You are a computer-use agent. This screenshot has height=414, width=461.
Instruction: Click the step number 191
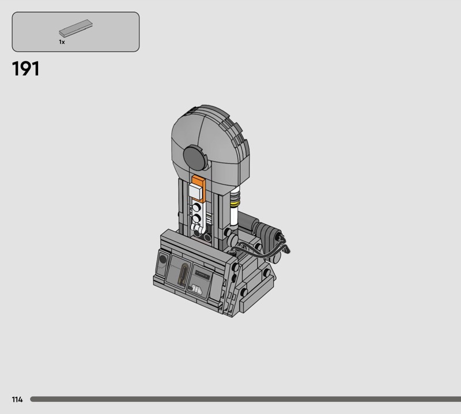(x=25, y=69)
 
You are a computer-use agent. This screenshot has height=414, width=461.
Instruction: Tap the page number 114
(x=17, y=399)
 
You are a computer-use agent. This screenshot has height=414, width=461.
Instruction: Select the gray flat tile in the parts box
(x=75, y=28)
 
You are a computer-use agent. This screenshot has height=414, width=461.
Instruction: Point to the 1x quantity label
(x=62, y=42)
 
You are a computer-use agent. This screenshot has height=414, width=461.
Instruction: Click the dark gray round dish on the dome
(x=194, y=157)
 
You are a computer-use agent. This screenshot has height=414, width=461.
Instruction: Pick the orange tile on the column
(x=199, y=182)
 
